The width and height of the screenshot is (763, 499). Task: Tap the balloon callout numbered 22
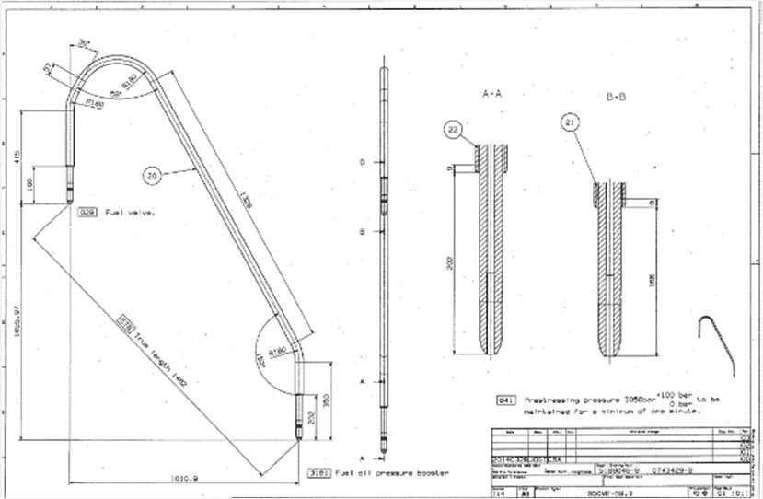pos(453,130)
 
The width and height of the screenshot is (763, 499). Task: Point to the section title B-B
pos(617,96)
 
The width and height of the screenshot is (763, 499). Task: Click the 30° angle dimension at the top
pos(85,42)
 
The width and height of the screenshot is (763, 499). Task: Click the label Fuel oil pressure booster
pos(392,471)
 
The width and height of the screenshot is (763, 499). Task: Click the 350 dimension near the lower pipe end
pos(329,400)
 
